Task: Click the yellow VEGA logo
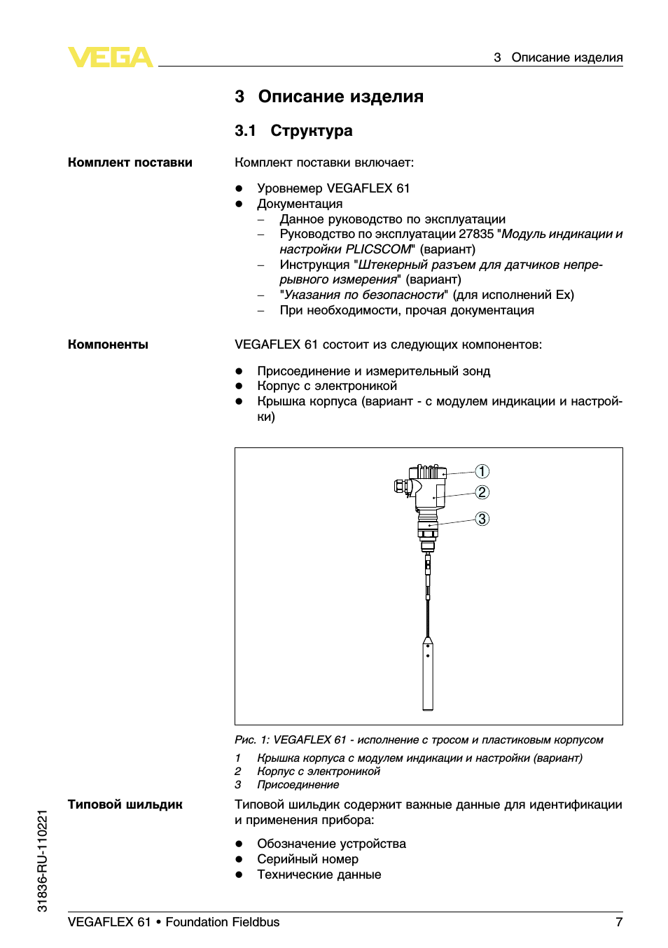point(110,57)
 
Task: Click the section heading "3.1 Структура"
point(293,131)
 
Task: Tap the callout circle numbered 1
point(482,471)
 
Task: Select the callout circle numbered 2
point(482,492)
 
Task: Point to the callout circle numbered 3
point(482,519)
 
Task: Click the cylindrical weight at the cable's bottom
point(428,676)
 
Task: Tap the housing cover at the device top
point(428,472)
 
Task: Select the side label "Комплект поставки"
point(130,162)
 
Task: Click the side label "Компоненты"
point(108,344)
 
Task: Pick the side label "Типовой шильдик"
point(125,804)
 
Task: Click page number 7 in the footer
point(619,922)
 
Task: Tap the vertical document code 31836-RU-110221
point(43,860)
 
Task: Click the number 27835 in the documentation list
point(476,234)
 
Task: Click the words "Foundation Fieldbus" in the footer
point(223,922)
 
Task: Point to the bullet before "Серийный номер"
point(239,859)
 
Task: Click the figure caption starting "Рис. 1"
point(419,740)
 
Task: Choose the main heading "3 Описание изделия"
point(329,97)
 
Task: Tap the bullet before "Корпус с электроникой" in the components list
point(239,386)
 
